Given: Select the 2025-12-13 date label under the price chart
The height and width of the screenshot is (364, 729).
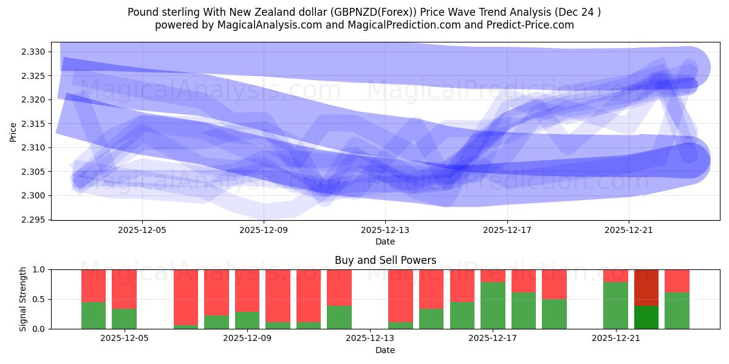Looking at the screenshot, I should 385,231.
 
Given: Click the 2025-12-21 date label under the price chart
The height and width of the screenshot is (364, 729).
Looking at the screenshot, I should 629,231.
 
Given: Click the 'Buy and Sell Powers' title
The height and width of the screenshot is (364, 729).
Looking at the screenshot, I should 385,260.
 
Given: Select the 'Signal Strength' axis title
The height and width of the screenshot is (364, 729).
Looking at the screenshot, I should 22,298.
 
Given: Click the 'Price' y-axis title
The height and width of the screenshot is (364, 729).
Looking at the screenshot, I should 13,131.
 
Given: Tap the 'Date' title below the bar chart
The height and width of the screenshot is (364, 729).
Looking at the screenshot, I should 385,350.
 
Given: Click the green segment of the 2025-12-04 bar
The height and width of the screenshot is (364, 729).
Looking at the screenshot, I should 94,315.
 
